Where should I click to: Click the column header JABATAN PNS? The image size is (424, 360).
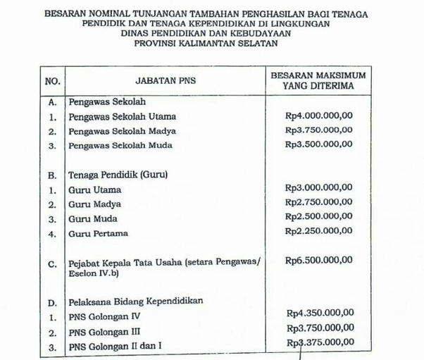pyautogui.click(x=168, y=82)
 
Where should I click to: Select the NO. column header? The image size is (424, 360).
pyautogui.click(x=52, y=82)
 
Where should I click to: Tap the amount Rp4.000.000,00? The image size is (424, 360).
pyautogui.click(x=318, y=116)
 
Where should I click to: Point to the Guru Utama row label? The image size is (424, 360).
pyautogui.click(x=94, y=190)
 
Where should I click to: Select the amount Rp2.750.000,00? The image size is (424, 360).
pyautogui.click(x=318, y=202)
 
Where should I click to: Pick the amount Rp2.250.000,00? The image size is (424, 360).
pyautogui.click(x=318, y=230)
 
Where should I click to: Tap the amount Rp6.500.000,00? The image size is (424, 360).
pyautogui.click(x=318, y=260)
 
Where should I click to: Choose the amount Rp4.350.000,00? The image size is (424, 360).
pyautogui.click(x=320, y=314)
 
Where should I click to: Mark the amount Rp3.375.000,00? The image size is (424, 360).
pyautogui.click(x=320, y=342)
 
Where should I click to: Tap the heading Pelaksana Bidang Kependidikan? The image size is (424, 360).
pyautogui.click(x=135, y=302)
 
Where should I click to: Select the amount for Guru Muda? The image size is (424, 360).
pyautogui.click(x=318, y=216)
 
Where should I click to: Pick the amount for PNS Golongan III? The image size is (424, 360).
pyautogui.click(x=320, y=328)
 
